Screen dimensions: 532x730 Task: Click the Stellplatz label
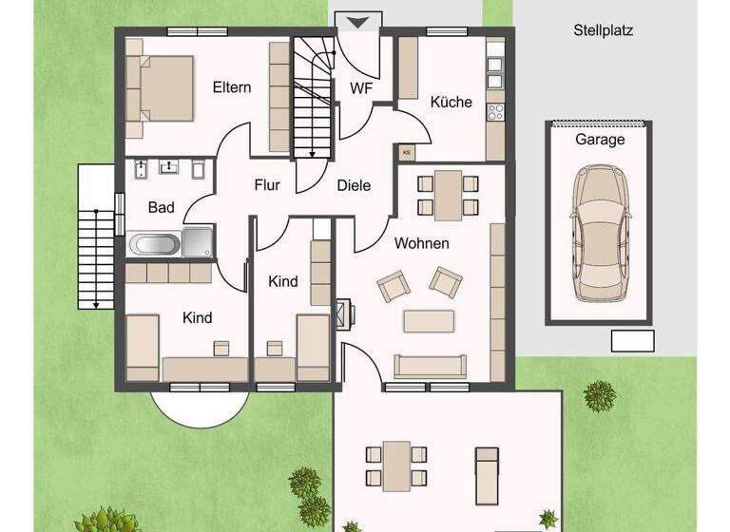click(603, 30)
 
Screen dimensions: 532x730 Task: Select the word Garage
click(600, 140)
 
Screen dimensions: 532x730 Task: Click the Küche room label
click(451, 103)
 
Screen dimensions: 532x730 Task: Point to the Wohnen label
click(422, 244)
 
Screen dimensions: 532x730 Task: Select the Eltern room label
click(232, 88)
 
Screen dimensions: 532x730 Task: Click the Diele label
click(354, 186)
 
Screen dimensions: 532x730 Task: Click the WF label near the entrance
click(360, 89)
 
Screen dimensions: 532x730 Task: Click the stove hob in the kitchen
click(495, 112)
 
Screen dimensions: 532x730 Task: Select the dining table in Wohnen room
click(447, 194)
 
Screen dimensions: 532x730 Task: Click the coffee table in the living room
click(428, 321)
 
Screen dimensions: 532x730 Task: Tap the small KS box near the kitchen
click(407, 151)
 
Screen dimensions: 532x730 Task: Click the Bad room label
click(161, 207)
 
